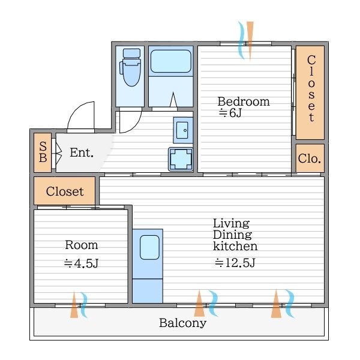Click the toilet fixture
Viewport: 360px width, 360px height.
pos(130,67)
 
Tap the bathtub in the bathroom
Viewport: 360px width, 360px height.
pos(171,61)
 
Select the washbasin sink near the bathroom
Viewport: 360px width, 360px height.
pos(183,130)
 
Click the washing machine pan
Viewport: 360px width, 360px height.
pos(181,160)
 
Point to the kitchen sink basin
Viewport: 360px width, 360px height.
pos(149,247)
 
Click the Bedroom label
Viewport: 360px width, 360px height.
pos(244,102)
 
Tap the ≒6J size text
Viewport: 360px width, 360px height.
pos(230,113)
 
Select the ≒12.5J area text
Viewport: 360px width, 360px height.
pos(235,263)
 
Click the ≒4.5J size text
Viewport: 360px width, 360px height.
pos(81,263)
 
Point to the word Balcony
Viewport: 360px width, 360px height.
pos(183,323)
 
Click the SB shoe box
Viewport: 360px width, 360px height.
pos(43,152)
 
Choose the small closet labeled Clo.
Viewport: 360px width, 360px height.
pos(310,158)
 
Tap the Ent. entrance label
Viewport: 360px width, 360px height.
pos(82,152)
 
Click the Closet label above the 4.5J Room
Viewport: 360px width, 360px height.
pos(65,191)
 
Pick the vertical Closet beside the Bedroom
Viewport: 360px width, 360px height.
pos(310,92)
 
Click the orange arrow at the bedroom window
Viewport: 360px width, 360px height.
pos(250,41)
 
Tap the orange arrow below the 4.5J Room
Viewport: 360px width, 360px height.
pos(74,305)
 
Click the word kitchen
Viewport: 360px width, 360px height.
pos(235,246)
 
